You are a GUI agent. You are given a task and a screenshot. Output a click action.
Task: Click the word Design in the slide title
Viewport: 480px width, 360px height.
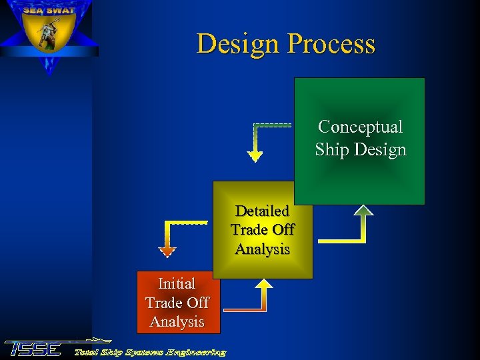[x=239, y=44]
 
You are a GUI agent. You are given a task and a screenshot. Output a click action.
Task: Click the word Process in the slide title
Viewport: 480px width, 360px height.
[x=332, y=44]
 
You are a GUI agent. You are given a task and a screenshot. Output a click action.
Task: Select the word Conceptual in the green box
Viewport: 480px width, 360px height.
[x=360, y=127]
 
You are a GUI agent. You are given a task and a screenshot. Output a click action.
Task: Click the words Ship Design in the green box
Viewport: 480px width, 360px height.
[x=360, y=149]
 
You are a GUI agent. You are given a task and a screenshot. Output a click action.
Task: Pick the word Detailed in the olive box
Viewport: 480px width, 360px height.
[x=262, y=211]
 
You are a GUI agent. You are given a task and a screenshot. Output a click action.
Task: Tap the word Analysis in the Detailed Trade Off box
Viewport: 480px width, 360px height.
[x=262, y=249]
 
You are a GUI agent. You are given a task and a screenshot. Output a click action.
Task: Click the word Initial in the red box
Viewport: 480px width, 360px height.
[x=177, y=283]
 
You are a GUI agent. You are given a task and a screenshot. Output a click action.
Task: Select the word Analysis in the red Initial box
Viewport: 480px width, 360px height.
[x=177, y=321]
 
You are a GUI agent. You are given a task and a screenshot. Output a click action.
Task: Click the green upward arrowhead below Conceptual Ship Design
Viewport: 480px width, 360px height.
[x=363, y=210]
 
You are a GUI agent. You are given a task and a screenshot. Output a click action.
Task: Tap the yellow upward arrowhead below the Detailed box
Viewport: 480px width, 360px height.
[x=265, y=285]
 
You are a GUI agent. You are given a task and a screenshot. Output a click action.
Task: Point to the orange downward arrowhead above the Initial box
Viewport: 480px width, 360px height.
[x=167, y=251]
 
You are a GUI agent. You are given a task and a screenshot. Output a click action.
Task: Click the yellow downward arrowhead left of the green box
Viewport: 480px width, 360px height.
[x=255, y=157]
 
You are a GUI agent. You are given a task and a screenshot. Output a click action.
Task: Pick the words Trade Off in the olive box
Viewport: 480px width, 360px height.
[x=262, y=230]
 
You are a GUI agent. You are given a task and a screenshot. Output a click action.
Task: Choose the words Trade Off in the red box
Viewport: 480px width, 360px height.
[x=177, y=303]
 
